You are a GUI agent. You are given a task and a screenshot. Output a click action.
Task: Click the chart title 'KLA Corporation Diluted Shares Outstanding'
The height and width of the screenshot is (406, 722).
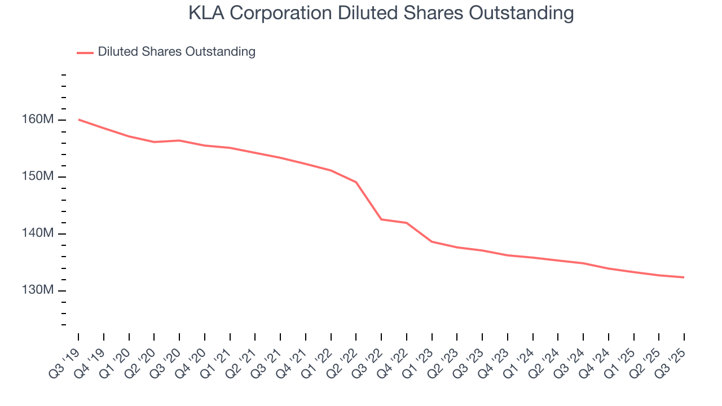[381, 13]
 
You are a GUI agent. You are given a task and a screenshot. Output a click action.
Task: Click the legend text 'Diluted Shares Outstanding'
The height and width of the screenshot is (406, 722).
[177, 52]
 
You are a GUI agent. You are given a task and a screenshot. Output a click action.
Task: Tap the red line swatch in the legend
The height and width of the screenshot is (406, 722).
[85, 52]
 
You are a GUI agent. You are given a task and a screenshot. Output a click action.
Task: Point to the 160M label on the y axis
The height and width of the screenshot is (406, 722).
[39, 120]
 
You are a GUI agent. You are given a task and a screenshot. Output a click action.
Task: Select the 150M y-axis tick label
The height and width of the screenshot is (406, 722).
[39, 176]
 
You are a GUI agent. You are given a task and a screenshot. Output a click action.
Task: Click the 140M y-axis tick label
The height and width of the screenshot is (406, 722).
[39, 233]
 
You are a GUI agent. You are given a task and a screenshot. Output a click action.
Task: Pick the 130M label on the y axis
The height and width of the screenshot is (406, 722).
[39, 290]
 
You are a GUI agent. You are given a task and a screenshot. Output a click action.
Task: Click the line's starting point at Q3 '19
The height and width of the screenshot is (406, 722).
[78, 120]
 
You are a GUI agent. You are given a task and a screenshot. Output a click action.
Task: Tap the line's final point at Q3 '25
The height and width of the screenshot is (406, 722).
[684, 277]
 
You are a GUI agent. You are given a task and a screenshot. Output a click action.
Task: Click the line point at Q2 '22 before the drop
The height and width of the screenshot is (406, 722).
[356, 182]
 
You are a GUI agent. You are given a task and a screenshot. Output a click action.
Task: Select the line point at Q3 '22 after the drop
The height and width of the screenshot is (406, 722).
[381, 219]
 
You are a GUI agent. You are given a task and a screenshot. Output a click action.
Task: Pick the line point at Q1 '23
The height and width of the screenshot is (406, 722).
[432, 241]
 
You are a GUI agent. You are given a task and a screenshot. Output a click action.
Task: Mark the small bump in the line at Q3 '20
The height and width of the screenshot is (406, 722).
[179, 140]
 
